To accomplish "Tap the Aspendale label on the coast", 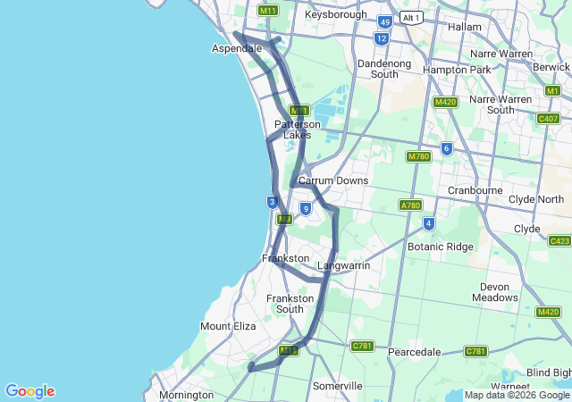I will pyautogui.click(x=237, y=47).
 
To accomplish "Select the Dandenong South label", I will pyautogui.click(x=383, y=69).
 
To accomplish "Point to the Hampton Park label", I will pyautogui.click(x=457, y=69).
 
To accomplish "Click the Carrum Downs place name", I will pyautogui.click(x=332, y=180).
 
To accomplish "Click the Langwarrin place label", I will pyautogui.click(x=344, y=265).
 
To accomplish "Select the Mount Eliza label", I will pyautogui.click(x=228, y=326).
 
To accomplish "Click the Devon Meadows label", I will pyautogui.click(x=494, y=292).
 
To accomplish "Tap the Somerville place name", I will pyautogui.click(x=337, y=386).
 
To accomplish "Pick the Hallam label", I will pyautogui.click(x=464, y=27).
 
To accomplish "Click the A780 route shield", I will pyautogui.click(x=410, y=205).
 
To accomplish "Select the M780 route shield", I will pyautogui.click(x=418, y=157).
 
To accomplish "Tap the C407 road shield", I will pyautogui.click(x=548, y=118).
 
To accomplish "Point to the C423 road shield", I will pyautogui.click(x=559, y=241).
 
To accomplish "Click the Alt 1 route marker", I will pyautogui.click(x=411, y=17).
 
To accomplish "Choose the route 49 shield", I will pyautogui.click(x=384, y=21).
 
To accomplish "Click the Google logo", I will pyautogui.click(x=29, y=391).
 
